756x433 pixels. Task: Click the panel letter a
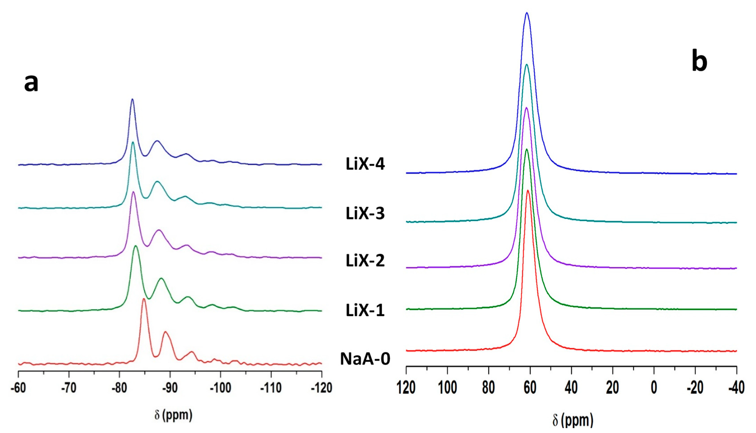(x=31, y=83)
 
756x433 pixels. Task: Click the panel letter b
(x=699, y=63)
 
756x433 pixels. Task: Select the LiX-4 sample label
(x=365, y=164)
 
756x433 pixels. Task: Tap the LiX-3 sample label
(x=365, y=213)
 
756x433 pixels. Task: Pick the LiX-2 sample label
(x=365, y=261)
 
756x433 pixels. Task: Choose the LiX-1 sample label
(x=365, y=310)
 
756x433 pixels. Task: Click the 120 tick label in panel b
(x=406, y=388)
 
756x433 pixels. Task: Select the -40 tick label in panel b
(x=736, y=388)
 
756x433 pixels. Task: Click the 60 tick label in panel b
(x=530, y=388)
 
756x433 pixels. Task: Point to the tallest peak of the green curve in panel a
(x=136, y=246)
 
